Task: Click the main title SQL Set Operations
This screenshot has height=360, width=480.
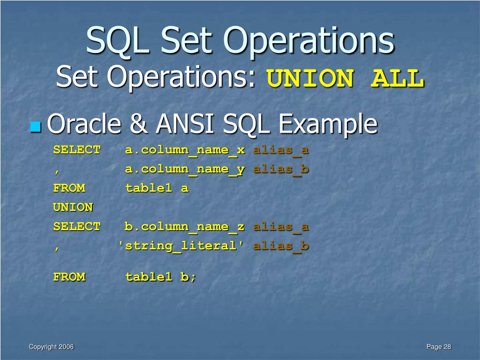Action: tap(240, 41)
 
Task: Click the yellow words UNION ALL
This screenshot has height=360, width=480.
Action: tap(345, 79)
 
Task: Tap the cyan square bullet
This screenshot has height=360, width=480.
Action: tap(35, 127)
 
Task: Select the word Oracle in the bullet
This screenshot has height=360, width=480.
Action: tap(83, 125)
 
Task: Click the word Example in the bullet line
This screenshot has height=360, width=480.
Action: tap(328, 125)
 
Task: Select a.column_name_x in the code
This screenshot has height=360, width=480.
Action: tap(185, 150)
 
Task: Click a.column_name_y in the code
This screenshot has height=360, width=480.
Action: tap(185, 169)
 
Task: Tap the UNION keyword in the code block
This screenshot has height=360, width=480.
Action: tap(73, 207)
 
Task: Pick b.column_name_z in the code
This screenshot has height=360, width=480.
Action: tap(184, 227)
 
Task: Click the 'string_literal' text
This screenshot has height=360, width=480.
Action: tap(181, 246)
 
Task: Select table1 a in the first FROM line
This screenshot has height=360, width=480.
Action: tap(157, 188)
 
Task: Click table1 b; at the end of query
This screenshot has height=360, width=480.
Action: tap(160, 277)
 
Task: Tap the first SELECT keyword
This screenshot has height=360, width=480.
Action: tap(76, 150)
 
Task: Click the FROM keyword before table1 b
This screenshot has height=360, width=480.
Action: tap(69, 277)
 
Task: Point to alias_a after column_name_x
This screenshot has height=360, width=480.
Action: tap(281, 150)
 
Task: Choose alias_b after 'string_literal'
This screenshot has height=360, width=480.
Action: tap(281, 246)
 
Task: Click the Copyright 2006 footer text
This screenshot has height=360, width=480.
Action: tap(51, 347)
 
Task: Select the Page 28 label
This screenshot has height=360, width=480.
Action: tap(439, 347)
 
